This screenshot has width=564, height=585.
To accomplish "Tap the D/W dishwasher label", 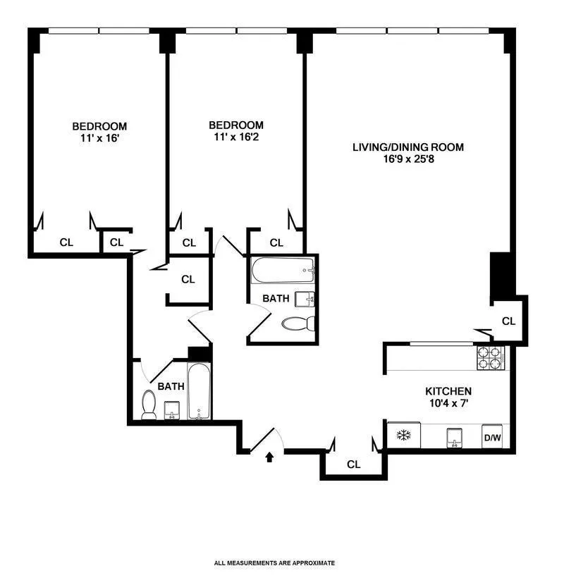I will pos(491,438).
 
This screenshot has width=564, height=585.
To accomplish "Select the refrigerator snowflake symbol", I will pos(404,435).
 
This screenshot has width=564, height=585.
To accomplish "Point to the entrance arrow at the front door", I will pos(269,457).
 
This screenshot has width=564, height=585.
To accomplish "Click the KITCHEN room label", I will pos(448,391).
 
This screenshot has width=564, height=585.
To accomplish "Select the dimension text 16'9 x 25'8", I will pos(408,159).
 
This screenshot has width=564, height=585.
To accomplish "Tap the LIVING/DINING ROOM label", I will pos(408,147).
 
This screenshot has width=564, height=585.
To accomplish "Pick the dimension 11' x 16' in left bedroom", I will pos(99,138).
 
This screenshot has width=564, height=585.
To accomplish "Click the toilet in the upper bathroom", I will pos(298,324).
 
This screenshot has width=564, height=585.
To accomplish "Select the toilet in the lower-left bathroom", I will pos(149,405).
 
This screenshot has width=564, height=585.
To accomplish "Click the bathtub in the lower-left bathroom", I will pos(199,392).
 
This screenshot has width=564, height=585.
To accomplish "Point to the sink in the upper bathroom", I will pos(305,299).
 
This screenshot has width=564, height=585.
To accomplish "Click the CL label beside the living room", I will pos(508,321).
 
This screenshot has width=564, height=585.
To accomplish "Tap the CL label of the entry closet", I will pos(354,464).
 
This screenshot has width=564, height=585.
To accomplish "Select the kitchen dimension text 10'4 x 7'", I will pos(448,403).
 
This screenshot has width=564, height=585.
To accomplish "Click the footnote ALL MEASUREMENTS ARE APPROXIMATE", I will pos(274,563).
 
